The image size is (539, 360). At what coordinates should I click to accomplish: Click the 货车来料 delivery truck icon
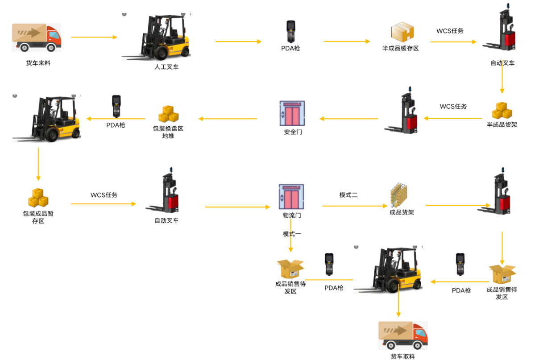point(37,38)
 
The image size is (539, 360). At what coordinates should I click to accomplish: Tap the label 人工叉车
point(166,67)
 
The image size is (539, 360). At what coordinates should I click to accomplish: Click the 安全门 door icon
point(292,113)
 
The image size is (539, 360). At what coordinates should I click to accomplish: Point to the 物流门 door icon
point(291,197)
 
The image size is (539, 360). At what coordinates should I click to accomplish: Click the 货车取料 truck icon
point(403,335)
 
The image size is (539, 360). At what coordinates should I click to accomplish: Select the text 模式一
point(292,234)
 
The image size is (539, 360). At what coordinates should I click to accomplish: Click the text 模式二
point(348,195)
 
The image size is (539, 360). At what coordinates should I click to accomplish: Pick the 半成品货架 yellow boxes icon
point(502,111)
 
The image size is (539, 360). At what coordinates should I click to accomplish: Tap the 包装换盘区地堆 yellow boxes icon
point(168,114)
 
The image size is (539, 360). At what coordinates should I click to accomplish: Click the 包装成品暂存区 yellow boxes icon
point(38,198)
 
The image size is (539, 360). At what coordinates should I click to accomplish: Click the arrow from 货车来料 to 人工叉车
point(94,37)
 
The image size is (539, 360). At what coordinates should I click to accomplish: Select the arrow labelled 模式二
point(355,206)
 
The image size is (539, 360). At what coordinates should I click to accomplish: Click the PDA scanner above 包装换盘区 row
point(116,106)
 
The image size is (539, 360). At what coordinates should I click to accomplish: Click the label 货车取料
point(402,356)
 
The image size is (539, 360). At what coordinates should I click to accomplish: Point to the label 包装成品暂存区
point(38,217)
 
